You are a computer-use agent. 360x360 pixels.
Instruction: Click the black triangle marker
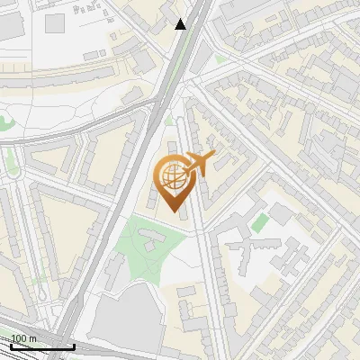point(181,24)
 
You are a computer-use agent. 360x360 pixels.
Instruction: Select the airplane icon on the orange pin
point(199,163)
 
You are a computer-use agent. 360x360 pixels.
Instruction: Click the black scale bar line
point(41,346)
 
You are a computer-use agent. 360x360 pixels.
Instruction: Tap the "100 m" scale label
point(24,338)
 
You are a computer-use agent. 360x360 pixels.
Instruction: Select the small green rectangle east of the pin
point(259,222)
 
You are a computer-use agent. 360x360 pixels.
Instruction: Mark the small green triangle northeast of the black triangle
point(220,59)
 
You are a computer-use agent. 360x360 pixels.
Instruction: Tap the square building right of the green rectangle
point(282,214)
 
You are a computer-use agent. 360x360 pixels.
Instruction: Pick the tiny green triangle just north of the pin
point(168,120)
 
